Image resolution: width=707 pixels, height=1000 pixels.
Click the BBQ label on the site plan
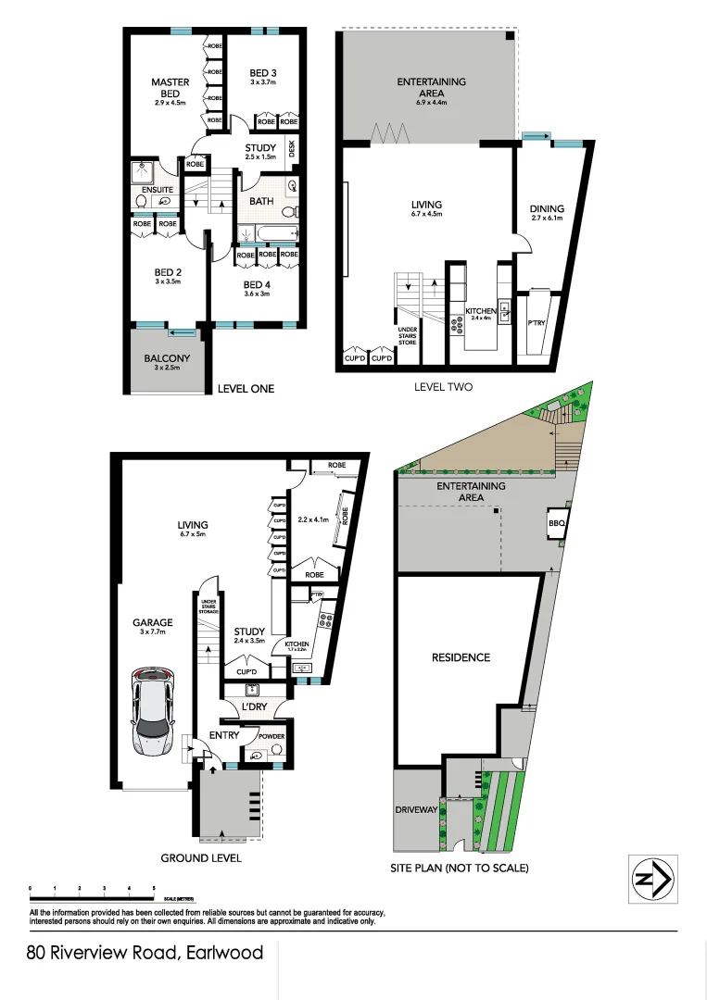tap(557, 522)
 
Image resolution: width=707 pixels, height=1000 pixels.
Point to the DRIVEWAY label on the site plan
tap(416, 809)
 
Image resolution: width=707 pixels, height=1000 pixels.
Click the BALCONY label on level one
tap(167, 358)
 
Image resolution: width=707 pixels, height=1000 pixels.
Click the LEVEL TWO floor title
tap(442, 386)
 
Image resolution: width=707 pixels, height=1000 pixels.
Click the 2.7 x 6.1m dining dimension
tap(546, 219)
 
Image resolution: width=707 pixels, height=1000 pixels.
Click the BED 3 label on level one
tap(263, 73)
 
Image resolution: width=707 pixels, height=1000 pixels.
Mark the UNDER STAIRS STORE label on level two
tap(408, 335)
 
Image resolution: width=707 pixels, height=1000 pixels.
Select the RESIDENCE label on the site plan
tap(461, 657)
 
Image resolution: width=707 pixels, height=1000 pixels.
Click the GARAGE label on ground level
tap(152, 623)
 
